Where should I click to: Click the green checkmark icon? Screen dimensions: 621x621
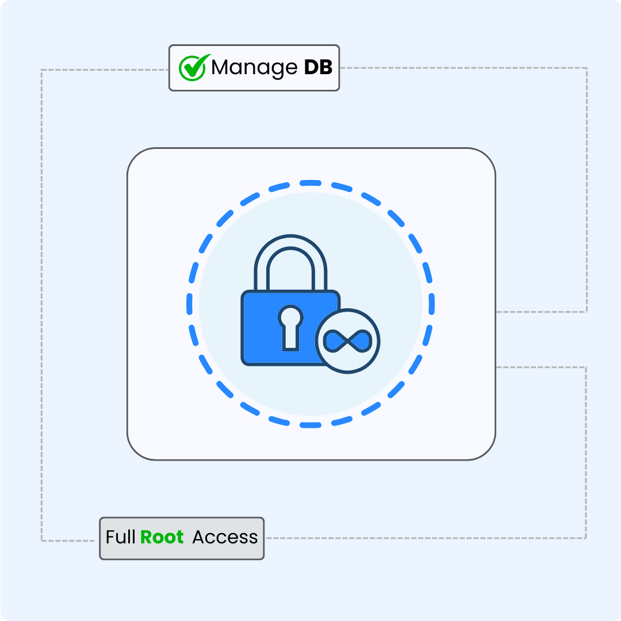(191, 68)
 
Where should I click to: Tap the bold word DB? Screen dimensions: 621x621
(318, 67)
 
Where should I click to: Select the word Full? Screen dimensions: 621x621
(120, 537)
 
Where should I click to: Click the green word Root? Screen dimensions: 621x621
(162, 537)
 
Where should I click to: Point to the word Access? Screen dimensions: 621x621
(225, 537)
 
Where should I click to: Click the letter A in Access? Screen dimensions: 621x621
(198, 537)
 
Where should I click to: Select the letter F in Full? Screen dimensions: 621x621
(110, 537)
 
